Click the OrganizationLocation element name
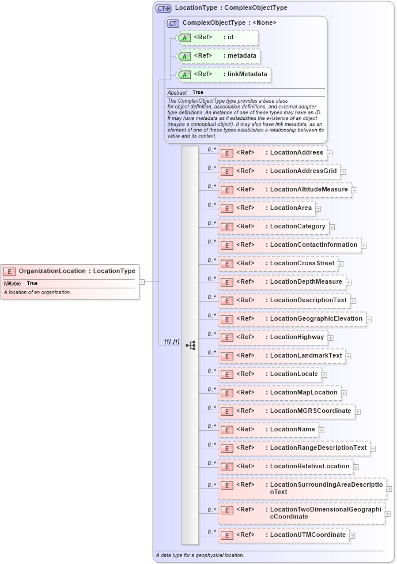[52, 271]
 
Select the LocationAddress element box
[272, 153]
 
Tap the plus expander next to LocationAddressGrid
[343, 171]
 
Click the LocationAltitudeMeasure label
[309, 190]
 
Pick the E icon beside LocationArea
[227, 208]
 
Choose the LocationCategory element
[273, 227]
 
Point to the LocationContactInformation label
[313, 245]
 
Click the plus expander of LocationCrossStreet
[341, 264]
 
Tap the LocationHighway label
[297, 337]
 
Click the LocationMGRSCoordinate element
[286, 411]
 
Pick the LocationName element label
[293, 430]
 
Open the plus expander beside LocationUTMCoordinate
[353, 535]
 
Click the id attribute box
[218, 37]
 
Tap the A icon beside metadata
[184, 57]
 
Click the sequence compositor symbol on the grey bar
[191, 345]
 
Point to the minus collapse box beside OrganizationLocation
[142, 282]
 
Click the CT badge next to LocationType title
[164, 8]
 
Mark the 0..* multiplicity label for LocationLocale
[212, 371]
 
